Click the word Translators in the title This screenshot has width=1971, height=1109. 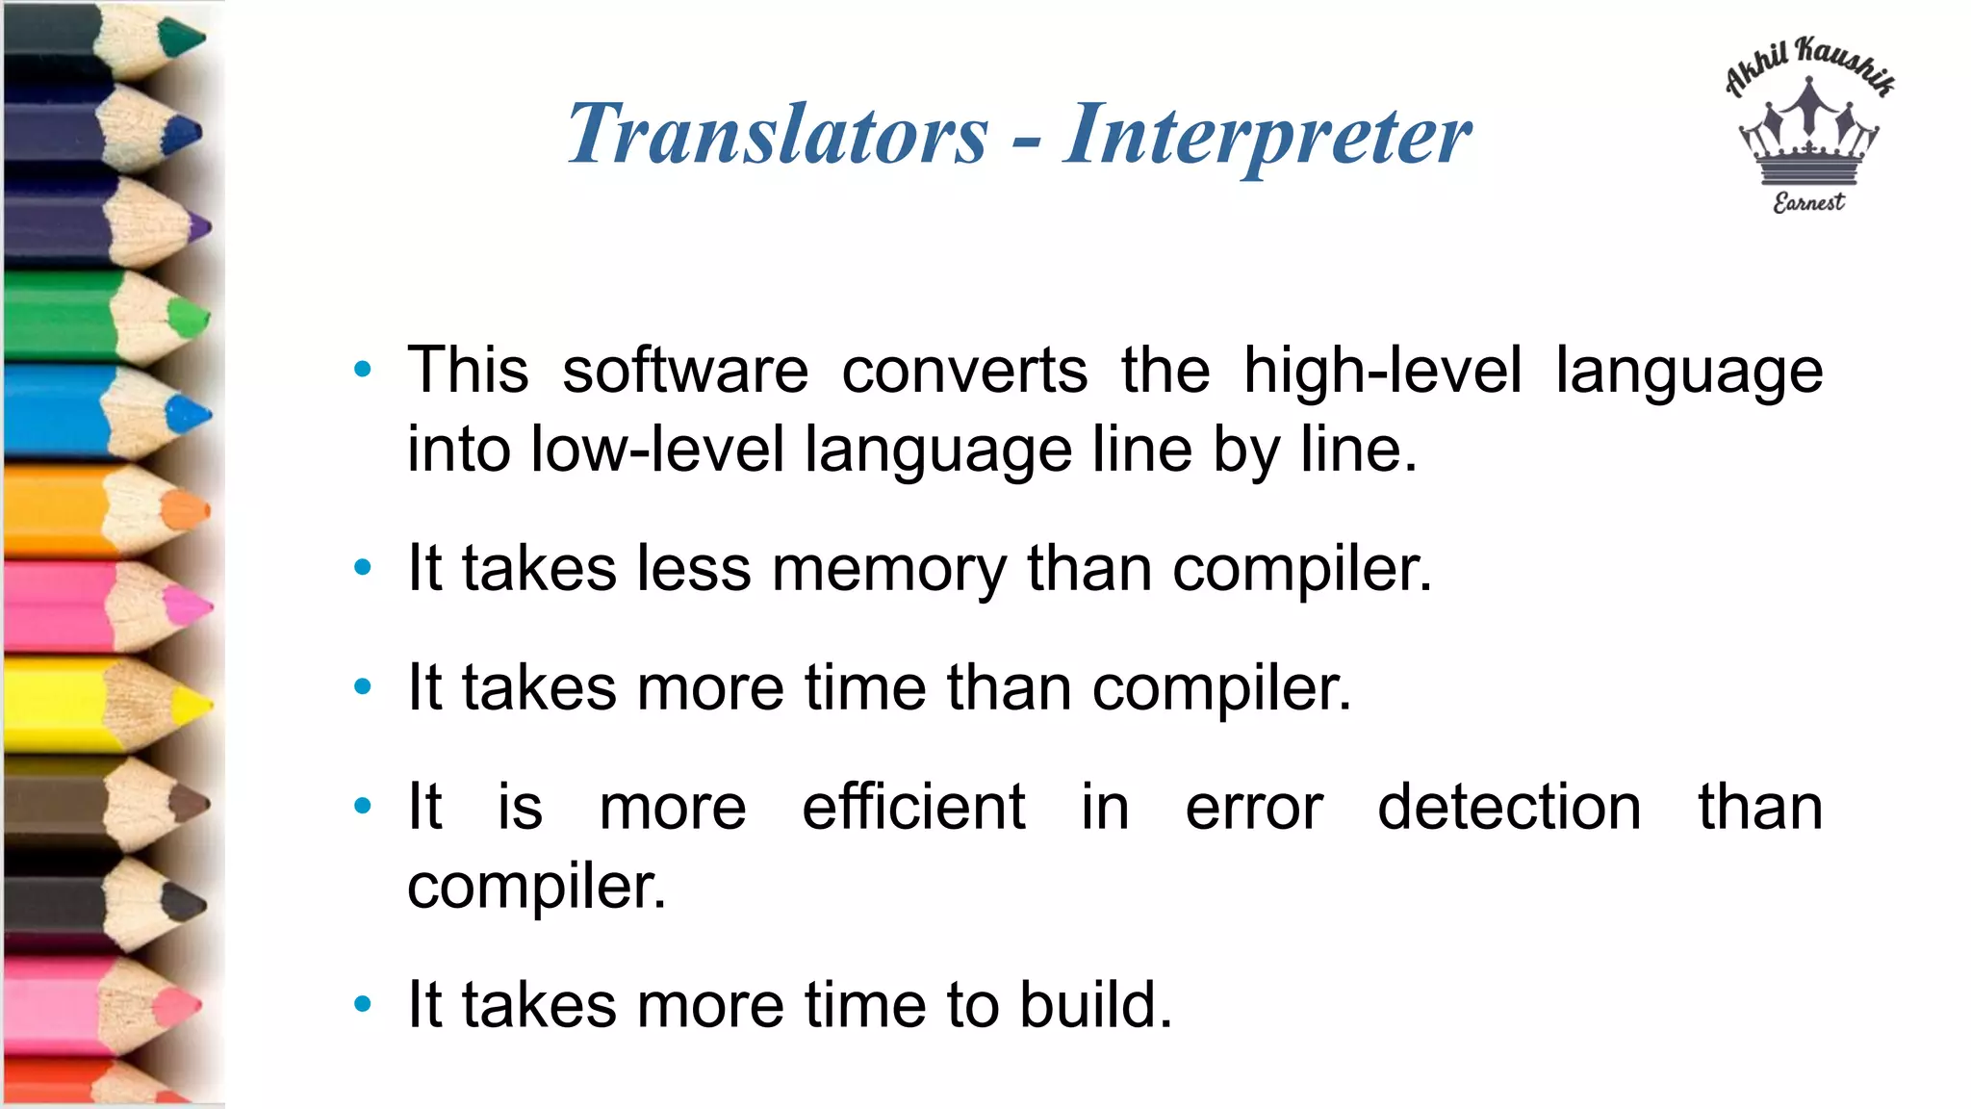pos(778,134)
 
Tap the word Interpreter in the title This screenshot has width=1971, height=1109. pos(1267,136)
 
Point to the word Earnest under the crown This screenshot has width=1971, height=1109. pos(1808,202)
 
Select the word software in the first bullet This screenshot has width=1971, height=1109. pos(685,371)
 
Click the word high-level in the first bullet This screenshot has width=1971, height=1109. pos(1382,371)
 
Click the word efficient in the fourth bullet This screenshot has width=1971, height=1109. pos(913,807)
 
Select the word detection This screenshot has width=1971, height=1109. pos(1508,807)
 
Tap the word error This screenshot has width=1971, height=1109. pos(1253,807)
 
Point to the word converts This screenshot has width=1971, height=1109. pos(964,371)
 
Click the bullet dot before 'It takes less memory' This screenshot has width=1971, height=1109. pos(363,568)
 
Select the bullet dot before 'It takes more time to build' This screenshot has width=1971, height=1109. pos(363,1005)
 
